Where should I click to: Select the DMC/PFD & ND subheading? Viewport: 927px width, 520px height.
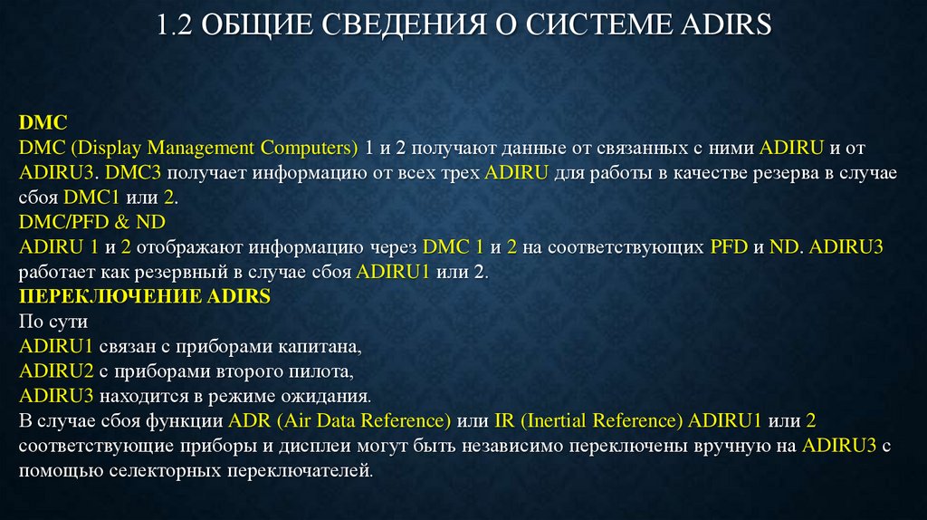(x=92, y=222)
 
